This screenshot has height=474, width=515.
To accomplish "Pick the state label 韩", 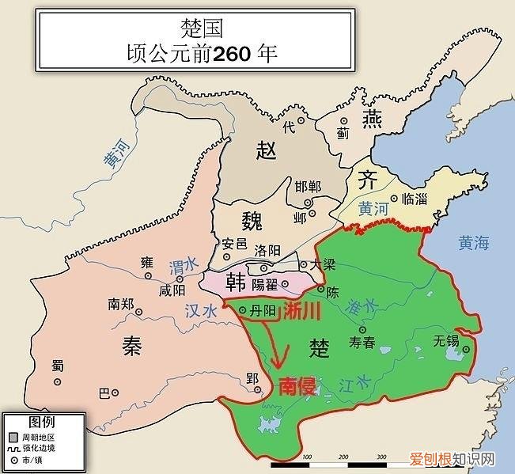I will (x=236, y=282).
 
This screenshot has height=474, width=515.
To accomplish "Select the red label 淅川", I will (x=303, y=311).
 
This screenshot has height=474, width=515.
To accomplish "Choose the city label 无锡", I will (x=446, y=341).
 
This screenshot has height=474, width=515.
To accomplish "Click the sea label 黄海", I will (x=474, y=244).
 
